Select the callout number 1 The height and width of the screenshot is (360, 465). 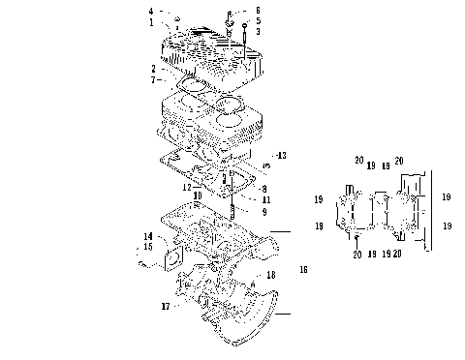tap(152, 21)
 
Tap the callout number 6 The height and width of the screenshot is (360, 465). tap(258, 10)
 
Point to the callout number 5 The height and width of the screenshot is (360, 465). tap(258, 20)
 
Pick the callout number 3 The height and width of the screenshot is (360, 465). tap(258, 31)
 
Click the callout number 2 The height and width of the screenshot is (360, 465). tap(153, 68)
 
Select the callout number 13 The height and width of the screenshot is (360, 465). tap(281, 155)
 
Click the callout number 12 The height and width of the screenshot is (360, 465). tap(186, 185)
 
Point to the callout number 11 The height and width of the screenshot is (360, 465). tap(264, 198)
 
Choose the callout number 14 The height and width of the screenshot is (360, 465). tap(148, 236)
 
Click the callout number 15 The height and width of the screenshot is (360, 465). tap(148, 247)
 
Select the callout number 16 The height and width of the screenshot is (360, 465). tap(304, 268)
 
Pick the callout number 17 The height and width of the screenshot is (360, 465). tap(166, 306)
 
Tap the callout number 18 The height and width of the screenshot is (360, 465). tap(271, 276)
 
